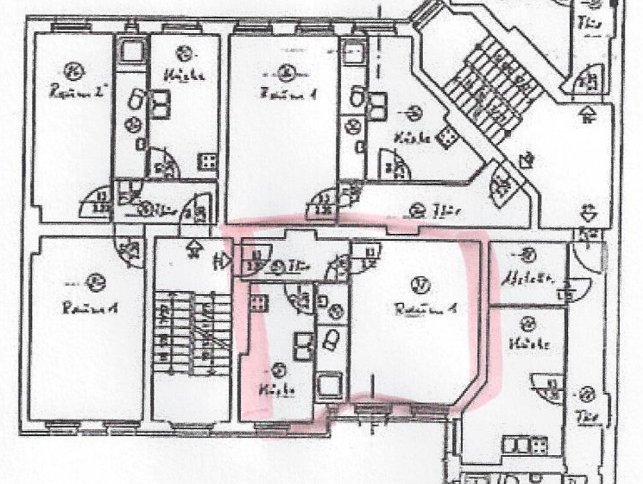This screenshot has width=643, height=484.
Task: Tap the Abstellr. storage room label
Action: [528, 278]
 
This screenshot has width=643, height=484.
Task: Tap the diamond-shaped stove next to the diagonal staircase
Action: [447, 136]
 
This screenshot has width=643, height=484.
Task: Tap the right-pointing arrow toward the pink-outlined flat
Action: [222, 258]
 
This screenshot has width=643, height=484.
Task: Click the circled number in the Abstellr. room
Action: [528, 256]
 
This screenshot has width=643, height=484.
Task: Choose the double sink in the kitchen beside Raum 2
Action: [162, 102]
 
